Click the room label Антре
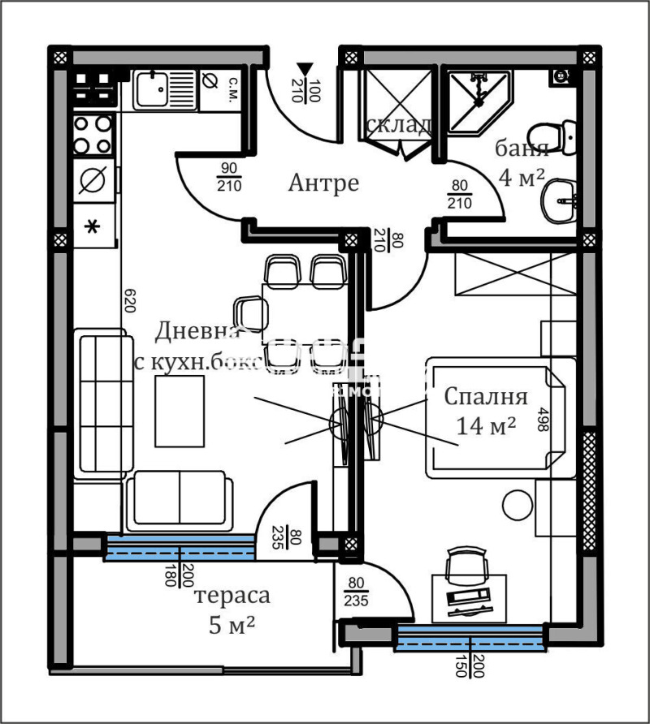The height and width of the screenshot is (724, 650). [x=323, y=183]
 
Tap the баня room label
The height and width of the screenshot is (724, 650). [x=522, y=149]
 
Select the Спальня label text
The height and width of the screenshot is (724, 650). [x=486, y=397]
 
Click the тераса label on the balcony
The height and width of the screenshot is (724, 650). [x=232, y=596]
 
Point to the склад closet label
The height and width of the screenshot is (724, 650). [x=398, y=125]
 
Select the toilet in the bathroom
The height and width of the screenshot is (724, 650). [x=550, y=134]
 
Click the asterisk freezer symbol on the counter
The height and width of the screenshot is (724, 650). [x=93, y=226]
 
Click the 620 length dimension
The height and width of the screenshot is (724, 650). [x=128, y=301]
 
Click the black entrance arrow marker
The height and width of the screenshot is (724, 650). [x=304, y=69]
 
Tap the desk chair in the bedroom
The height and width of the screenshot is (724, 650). [x=464, y=562]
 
